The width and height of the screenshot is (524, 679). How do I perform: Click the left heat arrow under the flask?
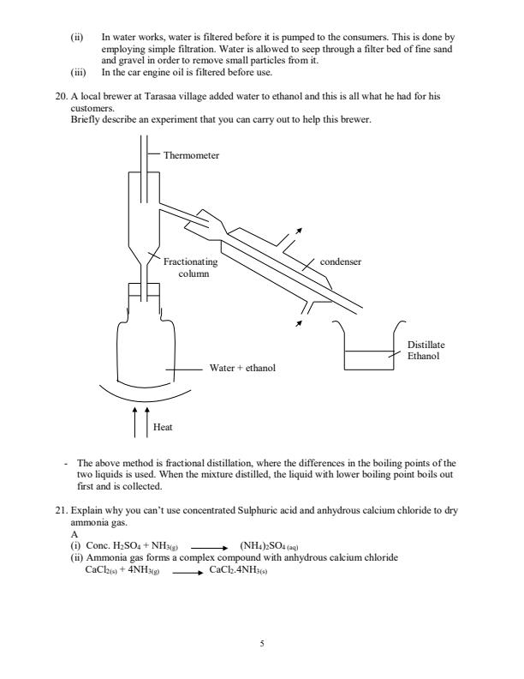pyautogui.click(x=135, y=423)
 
